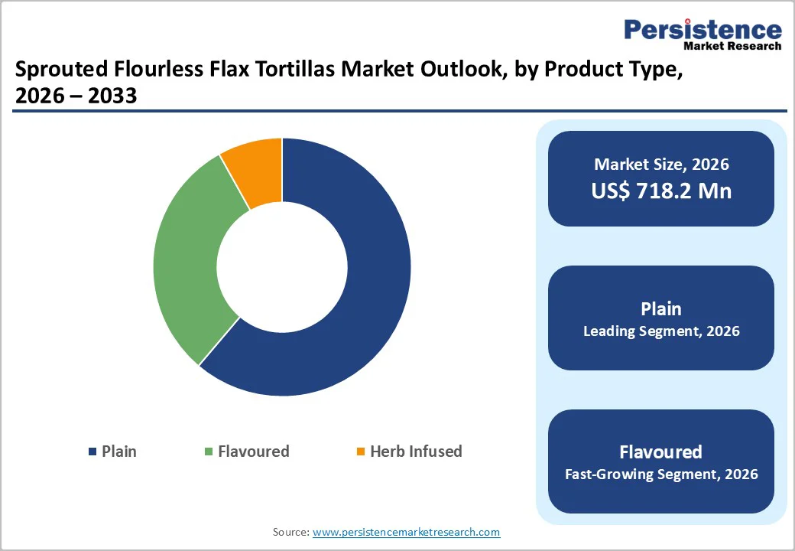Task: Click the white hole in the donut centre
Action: click(282, 268)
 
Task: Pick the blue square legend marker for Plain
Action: click(93, 452)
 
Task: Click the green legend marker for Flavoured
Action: click(209, 452)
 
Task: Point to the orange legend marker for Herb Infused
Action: click(361, 452)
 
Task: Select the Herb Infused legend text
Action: click(416, 452)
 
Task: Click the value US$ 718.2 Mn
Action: click(661, 191)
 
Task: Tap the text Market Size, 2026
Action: click(661, 165)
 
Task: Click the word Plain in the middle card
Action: click(661, 308)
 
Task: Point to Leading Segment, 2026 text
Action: click(661, 331)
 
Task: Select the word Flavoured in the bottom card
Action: click(661, 452)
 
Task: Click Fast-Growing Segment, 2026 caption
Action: click(661, 474)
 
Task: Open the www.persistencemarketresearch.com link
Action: click(406, 532)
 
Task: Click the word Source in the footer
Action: click(290, 532)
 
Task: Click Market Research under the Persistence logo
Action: click(732, 46)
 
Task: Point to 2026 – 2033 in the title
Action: click(76, 96)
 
